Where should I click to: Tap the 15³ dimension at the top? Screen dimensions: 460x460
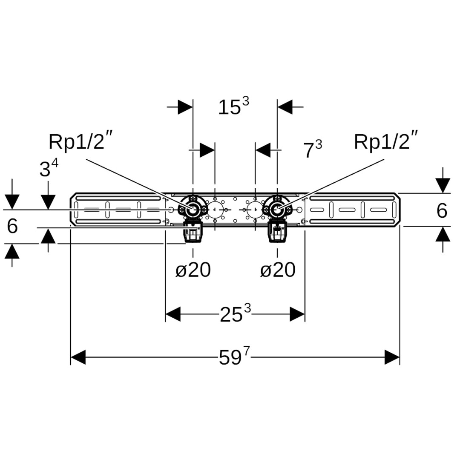[x=233, y=107]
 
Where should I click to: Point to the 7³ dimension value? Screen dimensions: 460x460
[x=312, y=150]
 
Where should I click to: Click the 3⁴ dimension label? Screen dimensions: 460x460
[x=49, y=169]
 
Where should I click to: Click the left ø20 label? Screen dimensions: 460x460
[x=193, y=270]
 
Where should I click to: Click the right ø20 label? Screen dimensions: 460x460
[x=278, y=270]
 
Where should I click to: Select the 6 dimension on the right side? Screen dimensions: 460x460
[x=442, y=210]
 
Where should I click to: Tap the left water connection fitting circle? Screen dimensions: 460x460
[x=193, y=210]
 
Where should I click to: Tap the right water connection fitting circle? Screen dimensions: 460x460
[x=277, y=210]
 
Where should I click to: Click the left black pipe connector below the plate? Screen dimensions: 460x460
[x=193, y=233]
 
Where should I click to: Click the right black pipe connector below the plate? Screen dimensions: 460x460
[x=277, y=233]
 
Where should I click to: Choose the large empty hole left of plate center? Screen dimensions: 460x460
[x=215, y=210]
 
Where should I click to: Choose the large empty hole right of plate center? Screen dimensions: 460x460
[x=255, y=210]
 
